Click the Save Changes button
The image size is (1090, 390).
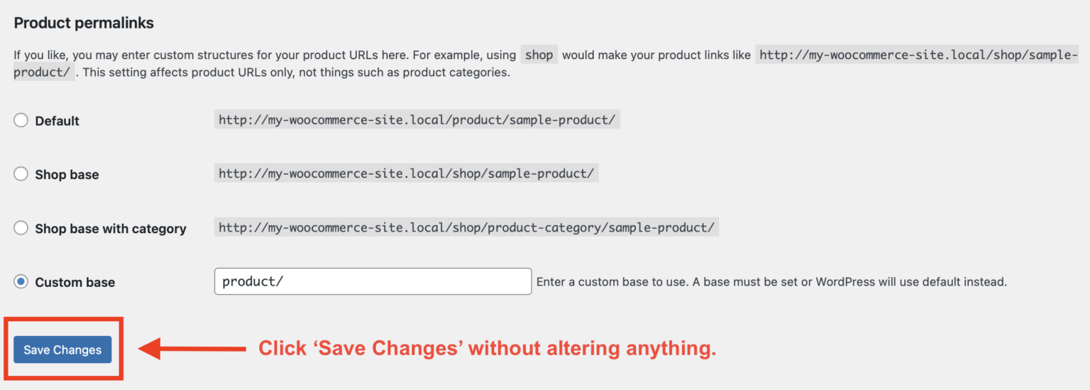[x=62, y=350]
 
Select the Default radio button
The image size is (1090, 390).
[x=21, y=121]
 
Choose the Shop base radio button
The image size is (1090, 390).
[x=21, y=174]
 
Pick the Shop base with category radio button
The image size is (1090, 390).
[x=21, y=228]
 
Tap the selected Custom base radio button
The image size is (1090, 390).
[x=21, y=282]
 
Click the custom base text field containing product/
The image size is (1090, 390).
[x=373, y=281]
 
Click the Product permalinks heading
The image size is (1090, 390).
[x=84, y=23]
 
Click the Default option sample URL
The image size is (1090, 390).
[x=417, y=120]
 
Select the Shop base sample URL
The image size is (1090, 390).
[x=406, y=174]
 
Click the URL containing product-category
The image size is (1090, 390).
[x=466, y=228]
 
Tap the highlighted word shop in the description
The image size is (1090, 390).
[x=539, y=55]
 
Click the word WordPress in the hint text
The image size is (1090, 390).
[x=845, y=282]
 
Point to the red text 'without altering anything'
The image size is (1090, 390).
[x=592, y=348]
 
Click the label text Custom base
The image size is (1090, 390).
[x=75, y=282]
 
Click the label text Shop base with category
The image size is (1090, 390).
[x=110, y=229]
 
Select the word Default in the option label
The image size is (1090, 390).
[x=57, y=121]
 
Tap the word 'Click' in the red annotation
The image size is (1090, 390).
[x=278, y=348]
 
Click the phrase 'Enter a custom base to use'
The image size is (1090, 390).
[x=611, y=282]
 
